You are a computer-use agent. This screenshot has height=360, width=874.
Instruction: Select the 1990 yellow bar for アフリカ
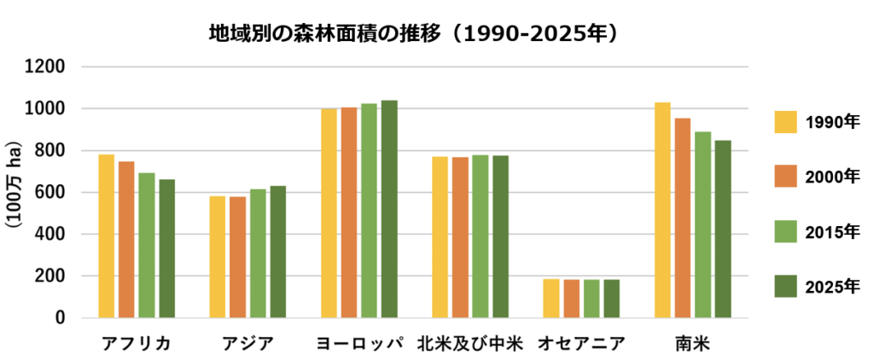[x=106, y=236]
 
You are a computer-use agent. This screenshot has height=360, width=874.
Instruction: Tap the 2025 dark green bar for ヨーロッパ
[x=389, y=209]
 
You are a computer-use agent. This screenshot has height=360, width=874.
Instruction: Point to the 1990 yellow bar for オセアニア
[x=551, y=299]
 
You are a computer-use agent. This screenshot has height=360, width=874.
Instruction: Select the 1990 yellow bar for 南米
[x=663, y=210]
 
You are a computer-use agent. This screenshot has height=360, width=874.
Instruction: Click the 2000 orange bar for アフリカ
[x=126, y=240]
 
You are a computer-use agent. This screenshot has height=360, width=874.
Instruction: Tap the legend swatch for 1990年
[x=786, y=122]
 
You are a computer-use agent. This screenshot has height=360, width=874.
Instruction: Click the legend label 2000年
[x=833, y=177]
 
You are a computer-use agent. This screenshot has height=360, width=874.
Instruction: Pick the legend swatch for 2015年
[x=786, y=232]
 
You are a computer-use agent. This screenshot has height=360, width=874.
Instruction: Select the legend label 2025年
[x=833, y=287]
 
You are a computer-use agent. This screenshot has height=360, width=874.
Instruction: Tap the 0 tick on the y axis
[x=61, y=318]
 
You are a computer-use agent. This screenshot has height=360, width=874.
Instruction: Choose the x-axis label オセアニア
[x=581, y=344]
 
